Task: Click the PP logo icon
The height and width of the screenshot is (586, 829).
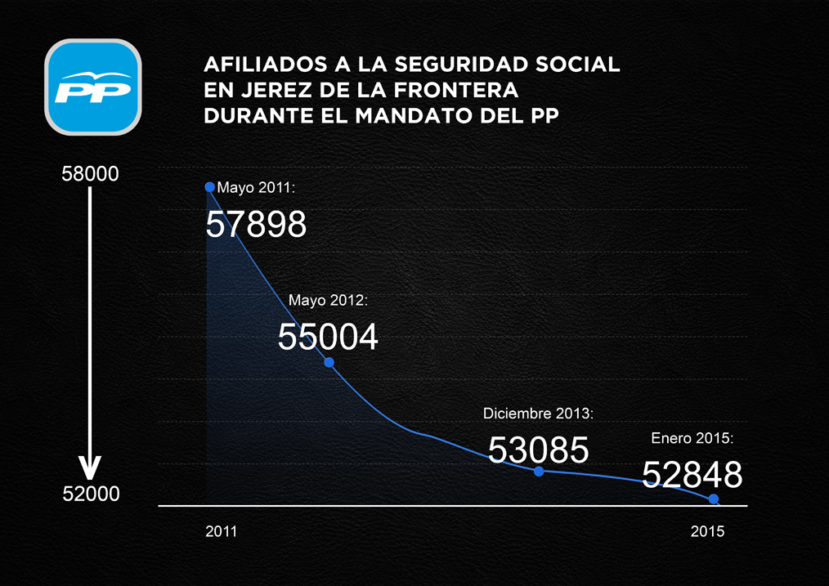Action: pyautogui.click(x=92, y=87)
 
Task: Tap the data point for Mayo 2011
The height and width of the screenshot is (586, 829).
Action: pyautogui.click(x=210, y=187)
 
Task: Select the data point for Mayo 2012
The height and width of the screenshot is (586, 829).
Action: pyautogui.click(x=329, y=362)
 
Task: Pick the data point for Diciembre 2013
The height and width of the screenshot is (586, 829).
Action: pyautogui.click(x=538, y=471)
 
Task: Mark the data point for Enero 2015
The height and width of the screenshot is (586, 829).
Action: pyautogui.click(x=714, y=499)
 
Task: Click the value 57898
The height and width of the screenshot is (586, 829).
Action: pyautogui.click(x=256, y=224)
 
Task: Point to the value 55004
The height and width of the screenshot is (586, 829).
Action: pyautogui.click(x=328, y=337)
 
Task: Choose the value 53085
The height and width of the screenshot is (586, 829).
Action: pyautogui.click(x=539, y=450)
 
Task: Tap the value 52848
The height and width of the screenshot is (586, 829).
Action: pyautogui.click(x=692, y=475)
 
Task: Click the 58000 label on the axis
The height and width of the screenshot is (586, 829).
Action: pyautogui.click(x=91, y=174)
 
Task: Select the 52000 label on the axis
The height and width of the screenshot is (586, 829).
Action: pyautogui.click(x=91, y=494)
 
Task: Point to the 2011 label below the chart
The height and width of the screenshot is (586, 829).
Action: pyautogui.click(x=221, y=531)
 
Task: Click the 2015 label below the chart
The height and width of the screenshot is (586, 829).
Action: pyautogui.click(x=707, y=531)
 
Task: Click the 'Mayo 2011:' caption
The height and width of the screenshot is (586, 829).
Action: pyautogui.click(x=256, y=188)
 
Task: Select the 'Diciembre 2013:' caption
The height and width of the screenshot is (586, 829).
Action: pyautogui.click(x=538, y=414)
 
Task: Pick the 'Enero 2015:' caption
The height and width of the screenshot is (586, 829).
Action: pyautogui.click(x=692, y=439)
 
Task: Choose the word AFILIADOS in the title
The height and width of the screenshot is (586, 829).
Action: pyautogui.click(x=258, y=64)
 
